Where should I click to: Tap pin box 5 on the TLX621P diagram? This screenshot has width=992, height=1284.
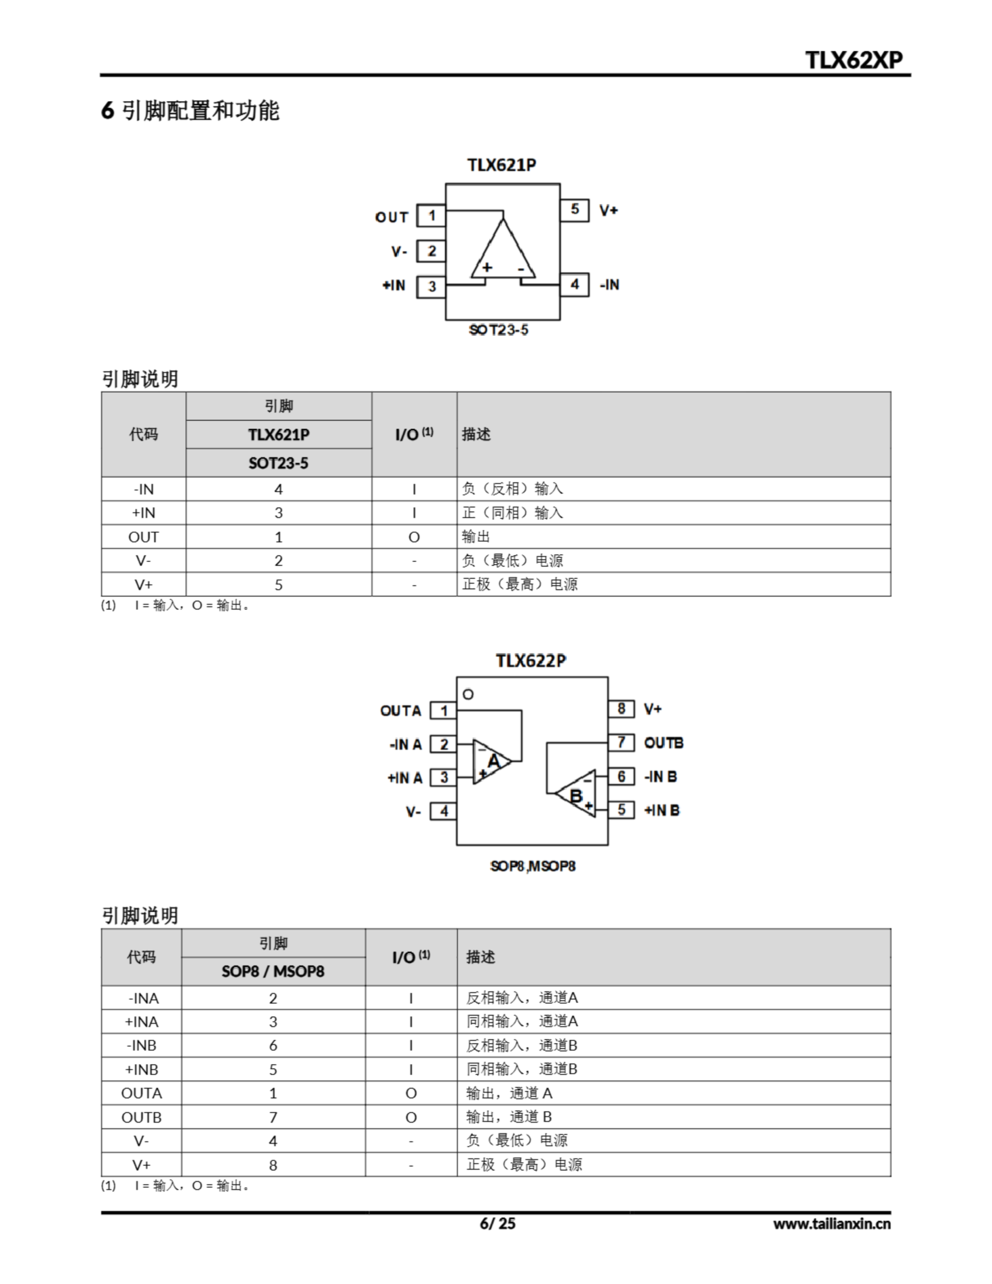coord(575,210)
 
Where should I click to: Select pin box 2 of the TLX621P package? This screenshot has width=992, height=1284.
coord(431,251)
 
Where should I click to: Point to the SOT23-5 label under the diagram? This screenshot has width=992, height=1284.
coord(499,330)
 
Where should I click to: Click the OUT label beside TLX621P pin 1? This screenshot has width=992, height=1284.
coord(392,218)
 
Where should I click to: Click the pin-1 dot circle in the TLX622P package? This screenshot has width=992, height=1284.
coord(468,694)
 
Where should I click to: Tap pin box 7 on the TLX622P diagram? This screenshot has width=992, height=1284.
coord(621,742)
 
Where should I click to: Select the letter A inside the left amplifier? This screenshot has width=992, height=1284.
coord(493,761)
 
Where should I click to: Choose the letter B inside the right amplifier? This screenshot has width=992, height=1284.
coord(576,796)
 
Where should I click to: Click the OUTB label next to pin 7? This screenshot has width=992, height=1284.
coord(664,743)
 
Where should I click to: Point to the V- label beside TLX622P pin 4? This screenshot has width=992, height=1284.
coord(413,812)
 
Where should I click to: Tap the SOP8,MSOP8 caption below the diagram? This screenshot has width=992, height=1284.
coord(533,866)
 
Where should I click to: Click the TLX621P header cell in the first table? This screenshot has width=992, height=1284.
coord(279,434)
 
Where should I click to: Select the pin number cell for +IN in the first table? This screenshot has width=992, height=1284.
coord(279,513)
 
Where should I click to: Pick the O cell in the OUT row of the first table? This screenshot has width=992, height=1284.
coord(414,537)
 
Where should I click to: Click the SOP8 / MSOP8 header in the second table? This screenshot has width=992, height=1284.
coord(273,971)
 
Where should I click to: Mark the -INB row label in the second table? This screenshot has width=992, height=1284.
coord(142,1045)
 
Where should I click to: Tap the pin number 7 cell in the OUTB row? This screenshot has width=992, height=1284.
coord(273,1117)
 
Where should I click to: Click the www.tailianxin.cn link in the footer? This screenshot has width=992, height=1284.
coord(832,1224)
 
